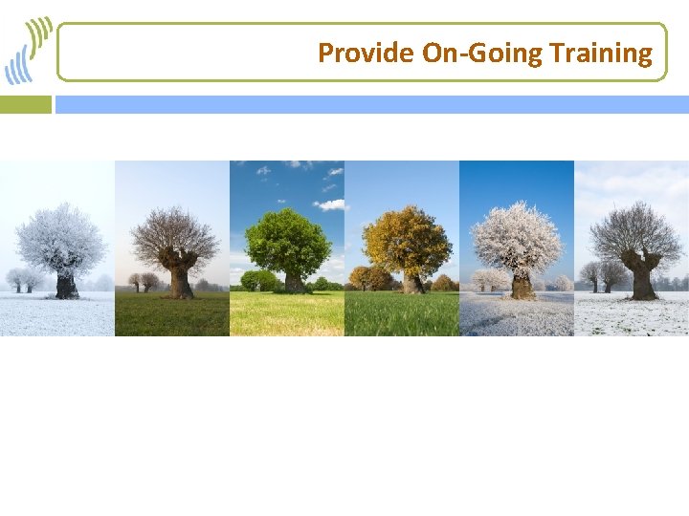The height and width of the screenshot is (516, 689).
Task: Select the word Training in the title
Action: pyautogui.click(x=602, y=53)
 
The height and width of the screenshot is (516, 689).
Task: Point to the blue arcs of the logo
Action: pyautogui.click(x=17, y=67)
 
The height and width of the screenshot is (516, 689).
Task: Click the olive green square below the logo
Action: pyautogui.click(x=26, y=104)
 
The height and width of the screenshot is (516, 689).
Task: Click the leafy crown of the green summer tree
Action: pyautogui.click(x=288, y=241)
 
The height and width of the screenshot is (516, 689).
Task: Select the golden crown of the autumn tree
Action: pyautogui.click(x=407, y=239)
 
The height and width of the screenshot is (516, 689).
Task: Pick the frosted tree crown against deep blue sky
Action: pyautogui.click(x=518, y=237)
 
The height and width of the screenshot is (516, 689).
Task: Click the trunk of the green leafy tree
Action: pyautogui.click(x=293, y=282)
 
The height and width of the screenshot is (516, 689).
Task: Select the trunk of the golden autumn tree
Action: pyautogui.click(x=411, y=282)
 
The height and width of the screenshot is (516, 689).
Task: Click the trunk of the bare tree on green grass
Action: pyautogui.click(x=180, y=280)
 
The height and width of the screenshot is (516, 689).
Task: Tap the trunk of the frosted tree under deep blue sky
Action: pyautogui.click(x=521, y=284)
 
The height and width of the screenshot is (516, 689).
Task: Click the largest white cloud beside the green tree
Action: pyautogui.click(x=330, y=204)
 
